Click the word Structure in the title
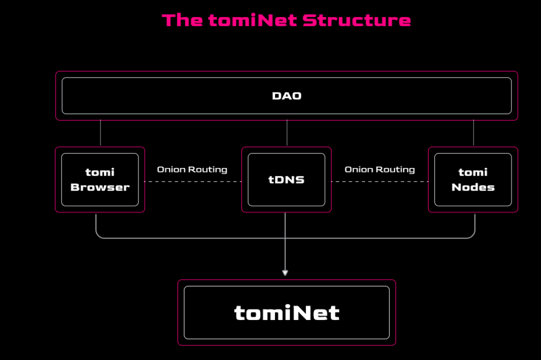[x=356, y=20]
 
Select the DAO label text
[x=286, y=95]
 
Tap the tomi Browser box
[x=100, y=179]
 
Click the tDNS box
[x=286, y=179]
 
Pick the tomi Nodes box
[x=473, y=179]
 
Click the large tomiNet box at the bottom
[x=286, y=312]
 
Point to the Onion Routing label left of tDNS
[x=192, y=169]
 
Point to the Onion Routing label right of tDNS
[x=379, y=169]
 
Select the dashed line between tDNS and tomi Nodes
[x=379, y=181]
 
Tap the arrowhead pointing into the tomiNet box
[x=285, y=272]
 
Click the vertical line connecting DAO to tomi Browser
[x=100, y=133]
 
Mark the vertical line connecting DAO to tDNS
[x=286, y=133]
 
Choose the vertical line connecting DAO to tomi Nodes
[x=473, y=133]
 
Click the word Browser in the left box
[x=100, y=187]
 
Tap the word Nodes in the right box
[x=473, y=187]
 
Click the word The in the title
[x=182, y=20]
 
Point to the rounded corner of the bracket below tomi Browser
[x=98, y=235]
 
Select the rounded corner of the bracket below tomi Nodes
[x=472, y=235]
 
